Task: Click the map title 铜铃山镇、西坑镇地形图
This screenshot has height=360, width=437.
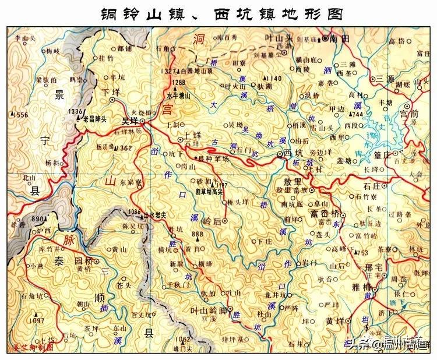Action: point(218,12)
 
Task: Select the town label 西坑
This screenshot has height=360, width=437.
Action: point(294,153)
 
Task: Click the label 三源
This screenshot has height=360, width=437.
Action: point(388,78)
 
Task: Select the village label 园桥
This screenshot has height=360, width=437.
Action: point(79,262)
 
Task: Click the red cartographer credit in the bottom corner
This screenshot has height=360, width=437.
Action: point(29,347)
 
